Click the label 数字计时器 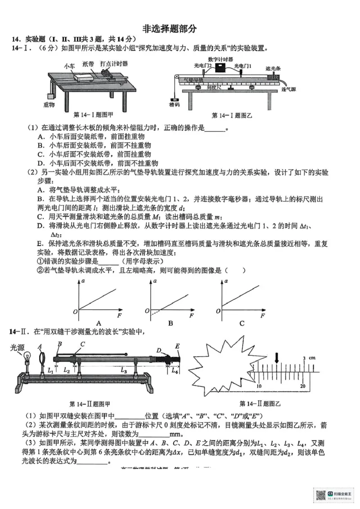(x=220, y=59)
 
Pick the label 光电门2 (x=203, y=66)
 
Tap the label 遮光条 (x=273, y=68)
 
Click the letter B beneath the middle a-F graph (x=171, y=323)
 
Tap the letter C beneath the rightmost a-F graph (x=242, y=323)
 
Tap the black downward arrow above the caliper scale (x=277, y=357)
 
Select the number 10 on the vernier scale (x=259, y=386)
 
